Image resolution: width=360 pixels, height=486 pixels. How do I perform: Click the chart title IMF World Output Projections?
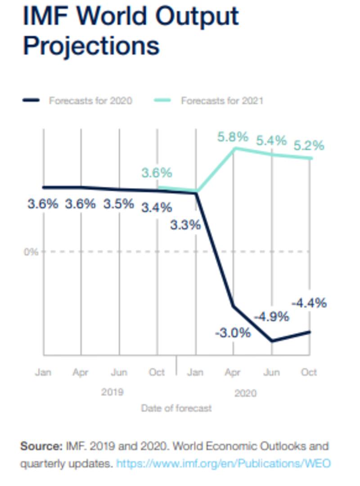(x=130, y=31)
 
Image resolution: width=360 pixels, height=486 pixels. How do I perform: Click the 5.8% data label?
(x=233, y=137)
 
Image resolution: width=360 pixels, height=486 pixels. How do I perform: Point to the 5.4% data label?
(x=271, y=140)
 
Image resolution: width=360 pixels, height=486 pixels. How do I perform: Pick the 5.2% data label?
(x=309, y=146)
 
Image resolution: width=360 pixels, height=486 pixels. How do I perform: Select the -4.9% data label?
(x=271, y=317)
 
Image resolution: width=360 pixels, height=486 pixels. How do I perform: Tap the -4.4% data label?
(x=309, y=303)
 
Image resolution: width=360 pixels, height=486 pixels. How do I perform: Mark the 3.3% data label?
(x=185, y=225)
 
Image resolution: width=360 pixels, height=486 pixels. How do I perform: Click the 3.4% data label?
(x=157, y=208)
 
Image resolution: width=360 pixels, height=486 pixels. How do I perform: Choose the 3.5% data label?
(x=119, y=204)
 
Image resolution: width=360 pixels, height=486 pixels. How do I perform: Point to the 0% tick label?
(x=31, y=252)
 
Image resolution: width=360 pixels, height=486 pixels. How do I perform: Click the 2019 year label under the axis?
(x=112, y=392)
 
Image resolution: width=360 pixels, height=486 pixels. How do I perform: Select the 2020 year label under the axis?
(x=245, y=393)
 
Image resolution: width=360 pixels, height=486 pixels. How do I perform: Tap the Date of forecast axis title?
(x=176, y=409)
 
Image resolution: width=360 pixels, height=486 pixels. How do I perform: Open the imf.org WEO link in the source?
(x=223, y=463)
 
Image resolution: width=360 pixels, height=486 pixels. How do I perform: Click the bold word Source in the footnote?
(x=40, y=446)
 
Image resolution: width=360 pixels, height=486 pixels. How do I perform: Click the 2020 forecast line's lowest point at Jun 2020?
(x=272, y=341)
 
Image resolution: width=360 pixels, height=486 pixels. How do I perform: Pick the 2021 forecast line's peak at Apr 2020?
(x=234, y=148)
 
